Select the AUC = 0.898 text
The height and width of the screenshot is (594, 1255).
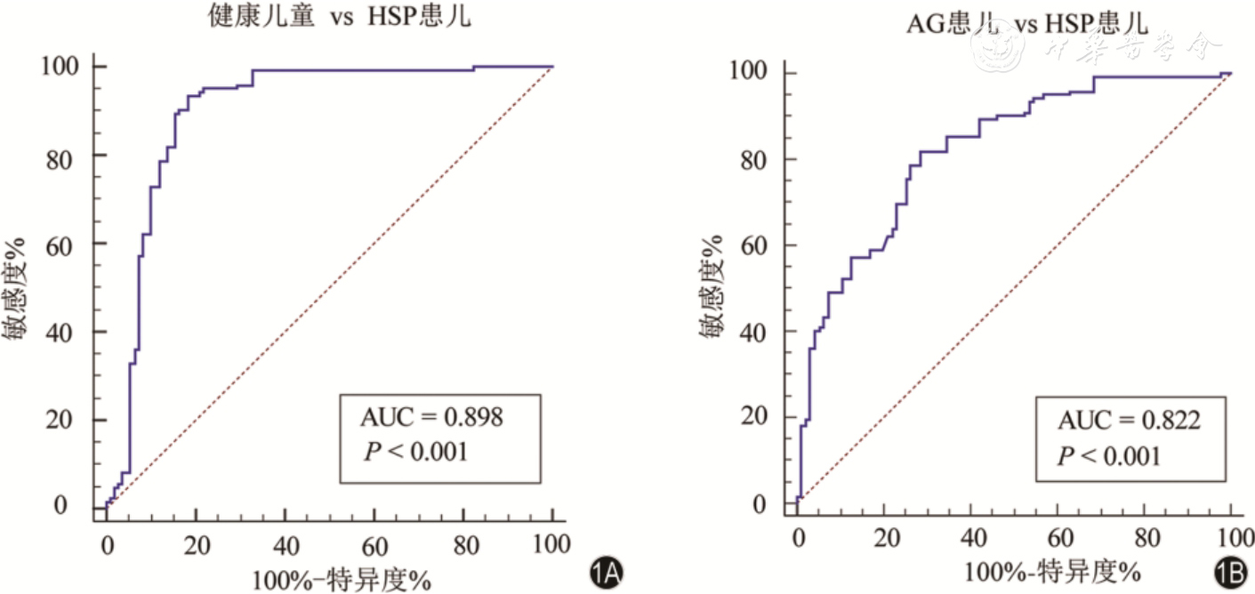431,416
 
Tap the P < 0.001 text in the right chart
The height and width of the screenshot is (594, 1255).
1108,456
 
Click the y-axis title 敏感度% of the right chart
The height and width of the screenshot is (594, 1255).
712,290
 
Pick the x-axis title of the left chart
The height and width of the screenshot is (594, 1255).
342,580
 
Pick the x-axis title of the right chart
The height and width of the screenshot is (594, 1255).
1050,569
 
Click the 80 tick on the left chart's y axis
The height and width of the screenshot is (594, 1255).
66,155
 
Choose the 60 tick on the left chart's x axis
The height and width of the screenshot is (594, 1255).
375,544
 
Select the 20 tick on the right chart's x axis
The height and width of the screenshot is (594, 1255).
885,537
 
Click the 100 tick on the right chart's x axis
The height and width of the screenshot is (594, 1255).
1231,537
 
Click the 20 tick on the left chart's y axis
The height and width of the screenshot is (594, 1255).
66,420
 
